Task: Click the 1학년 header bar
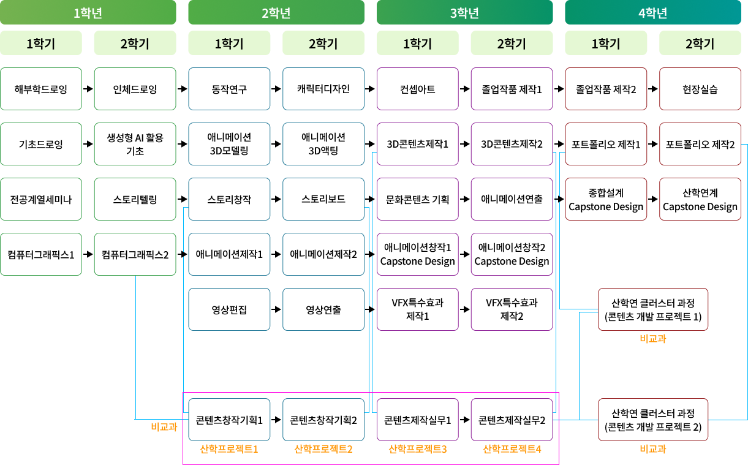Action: pyautogui.click(x=88, y=12)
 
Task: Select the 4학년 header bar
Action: pyautogui.click(x=652, y=12)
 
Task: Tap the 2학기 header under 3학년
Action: pyautogui.click(x=512, y=43)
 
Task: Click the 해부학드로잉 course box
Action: pyautogui.click(x=41, y=89)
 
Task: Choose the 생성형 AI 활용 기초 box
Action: pyautogui.click(x=135, y=144)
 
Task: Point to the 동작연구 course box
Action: pyautogui.click(x=229, y=89)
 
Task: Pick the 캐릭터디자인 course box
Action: pyautogui.click(x=323, y=89)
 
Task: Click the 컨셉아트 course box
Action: pyautogui.click(x=417, y=89)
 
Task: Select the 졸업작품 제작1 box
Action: pyautogui.click(x=512, y=89)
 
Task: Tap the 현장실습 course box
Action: pyautogui.click(x=700, y=89)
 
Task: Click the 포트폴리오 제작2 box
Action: pyautogui.click(x=700, y=144)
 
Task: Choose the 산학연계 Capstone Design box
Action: pyautogui.click(x=700, y=199)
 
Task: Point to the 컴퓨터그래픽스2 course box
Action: pyautogui.click(x=135, y=254)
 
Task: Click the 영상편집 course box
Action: pyautogui.click(x=229, y=309)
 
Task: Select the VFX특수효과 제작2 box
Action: pyautogui.click(x=512, y=309)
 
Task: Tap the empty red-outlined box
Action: pyautogui.click(x=653, y=309)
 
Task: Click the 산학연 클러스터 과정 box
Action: pyautogui.click(x=653, y=420)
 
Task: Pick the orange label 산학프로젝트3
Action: pyautogui.click(x=417, y=449)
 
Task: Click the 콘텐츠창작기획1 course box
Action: pyautogui.click(x=229, y=420)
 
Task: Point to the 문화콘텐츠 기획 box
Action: pyautogui.click(x=417, y=199)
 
